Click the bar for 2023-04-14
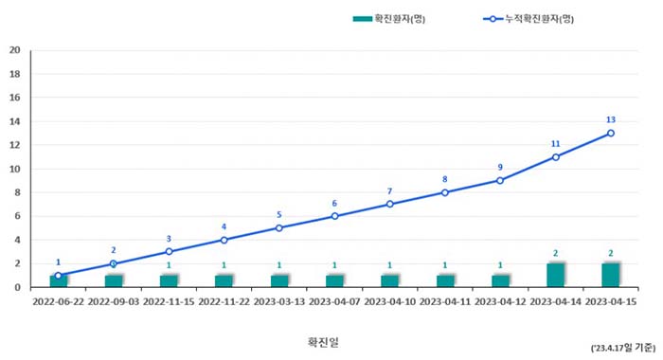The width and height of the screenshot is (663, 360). pos(556,276)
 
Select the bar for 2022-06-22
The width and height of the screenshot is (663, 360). pos(59,281)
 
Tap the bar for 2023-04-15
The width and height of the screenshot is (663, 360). pos(611,276)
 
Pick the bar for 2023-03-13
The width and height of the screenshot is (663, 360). pos(279,281)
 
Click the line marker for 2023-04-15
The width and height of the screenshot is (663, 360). pos(611,134)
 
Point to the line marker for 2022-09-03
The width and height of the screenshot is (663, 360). pos(114,263)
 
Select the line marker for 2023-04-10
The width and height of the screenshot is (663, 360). pos(389,205)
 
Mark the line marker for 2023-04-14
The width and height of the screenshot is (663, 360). pos(556,157)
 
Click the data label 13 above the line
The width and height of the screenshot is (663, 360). pos(611,120)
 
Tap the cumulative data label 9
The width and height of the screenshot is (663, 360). pos(500,168)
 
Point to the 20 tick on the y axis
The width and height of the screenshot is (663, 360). pos(14,50)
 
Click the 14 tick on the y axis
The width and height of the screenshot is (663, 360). pos(14,121)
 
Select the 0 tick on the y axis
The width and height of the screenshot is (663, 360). pos(17,287)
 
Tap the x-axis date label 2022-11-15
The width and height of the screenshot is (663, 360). pos(169,301)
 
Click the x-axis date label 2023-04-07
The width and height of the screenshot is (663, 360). pos(334,301)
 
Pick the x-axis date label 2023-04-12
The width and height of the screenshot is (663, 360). pos(500,301)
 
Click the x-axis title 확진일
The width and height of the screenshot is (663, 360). pos(322,342)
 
